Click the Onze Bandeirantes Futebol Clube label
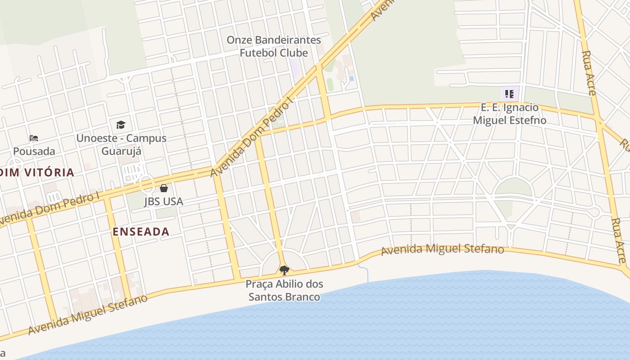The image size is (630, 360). (274, 46)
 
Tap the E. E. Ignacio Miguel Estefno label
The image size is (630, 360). (509, 114)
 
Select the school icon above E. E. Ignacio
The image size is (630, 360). (509, 94)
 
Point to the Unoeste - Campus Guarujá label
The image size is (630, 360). (121, 144)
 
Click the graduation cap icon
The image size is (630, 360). (121, 125)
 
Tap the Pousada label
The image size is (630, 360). (34, 151)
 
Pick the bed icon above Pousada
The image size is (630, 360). (34, 138)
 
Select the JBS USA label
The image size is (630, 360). (163, 201)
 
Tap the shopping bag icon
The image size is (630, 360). (164, 188)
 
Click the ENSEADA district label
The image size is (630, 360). (141, 232)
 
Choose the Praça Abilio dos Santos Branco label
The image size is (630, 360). (284, 290)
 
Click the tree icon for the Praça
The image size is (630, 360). (284, 270)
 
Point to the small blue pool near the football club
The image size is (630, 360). (351, 78)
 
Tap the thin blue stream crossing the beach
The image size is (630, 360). (365, 272)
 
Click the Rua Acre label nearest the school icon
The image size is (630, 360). (589, 73)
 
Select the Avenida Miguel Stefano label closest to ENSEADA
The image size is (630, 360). (88, 315)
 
